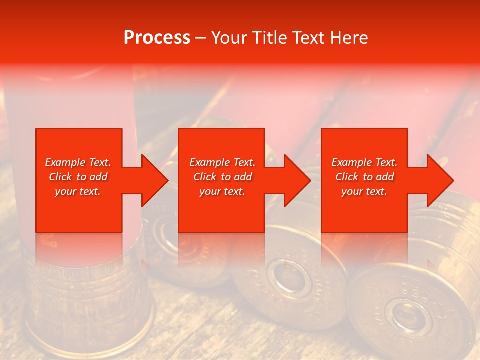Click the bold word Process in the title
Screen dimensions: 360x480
click(157, 38)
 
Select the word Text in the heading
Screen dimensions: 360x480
click(308, 38)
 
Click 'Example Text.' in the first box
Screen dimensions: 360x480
click(78, 162)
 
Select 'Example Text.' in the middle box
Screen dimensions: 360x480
click(222, 162)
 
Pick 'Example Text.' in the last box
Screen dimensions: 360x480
click(364, 162)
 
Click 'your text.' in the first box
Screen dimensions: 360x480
click(78, 191)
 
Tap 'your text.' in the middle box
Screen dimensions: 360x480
click(222, 191)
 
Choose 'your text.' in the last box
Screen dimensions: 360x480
click(364, 191)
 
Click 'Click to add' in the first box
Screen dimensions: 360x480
click(78, 177)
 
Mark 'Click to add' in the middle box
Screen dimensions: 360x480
click(222, 177)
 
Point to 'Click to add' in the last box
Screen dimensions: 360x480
click(364, 177)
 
